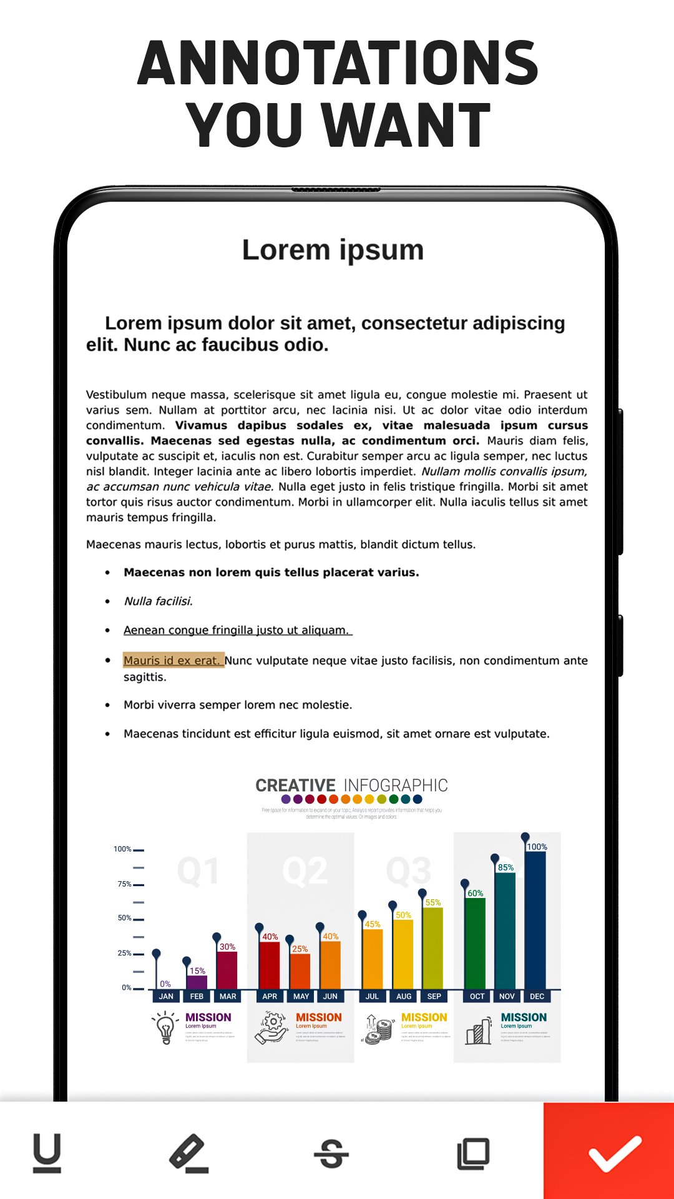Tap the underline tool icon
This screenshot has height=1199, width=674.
pos(47,1153)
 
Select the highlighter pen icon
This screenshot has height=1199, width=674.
pos(188,1153)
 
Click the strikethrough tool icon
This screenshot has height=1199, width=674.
pos(331,1153)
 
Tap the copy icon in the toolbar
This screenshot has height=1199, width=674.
pos(473,1153)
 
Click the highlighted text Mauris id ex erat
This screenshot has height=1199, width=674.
pos(173,661)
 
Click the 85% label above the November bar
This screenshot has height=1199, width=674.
pos(506,867)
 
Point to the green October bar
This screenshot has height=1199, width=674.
pos(476,943)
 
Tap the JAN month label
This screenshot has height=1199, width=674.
pos(166,996)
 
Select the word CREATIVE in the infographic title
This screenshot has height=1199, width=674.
pos(295,785)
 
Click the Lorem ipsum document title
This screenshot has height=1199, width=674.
pos(333,250)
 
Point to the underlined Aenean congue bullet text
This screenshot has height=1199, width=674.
pos(237,630)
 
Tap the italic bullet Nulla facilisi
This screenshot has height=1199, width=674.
pos(158,601)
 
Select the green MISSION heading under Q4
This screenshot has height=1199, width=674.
pos(524,1017)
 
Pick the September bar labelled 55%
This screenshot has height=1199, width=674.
pos(432,948)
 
